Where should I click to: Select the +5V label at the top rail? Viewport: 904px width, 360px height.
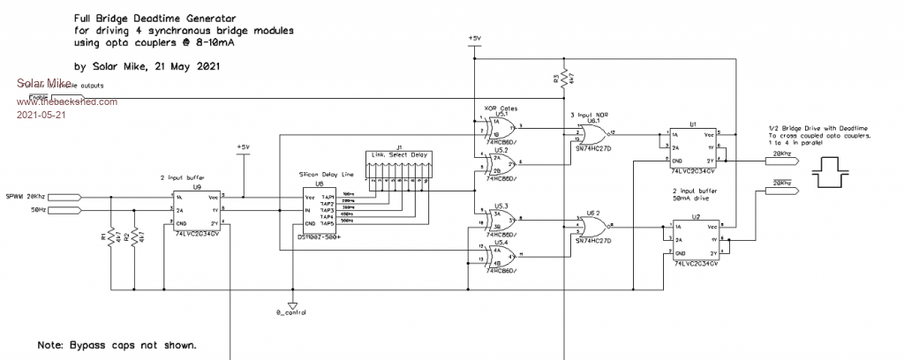pos(473,39)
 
